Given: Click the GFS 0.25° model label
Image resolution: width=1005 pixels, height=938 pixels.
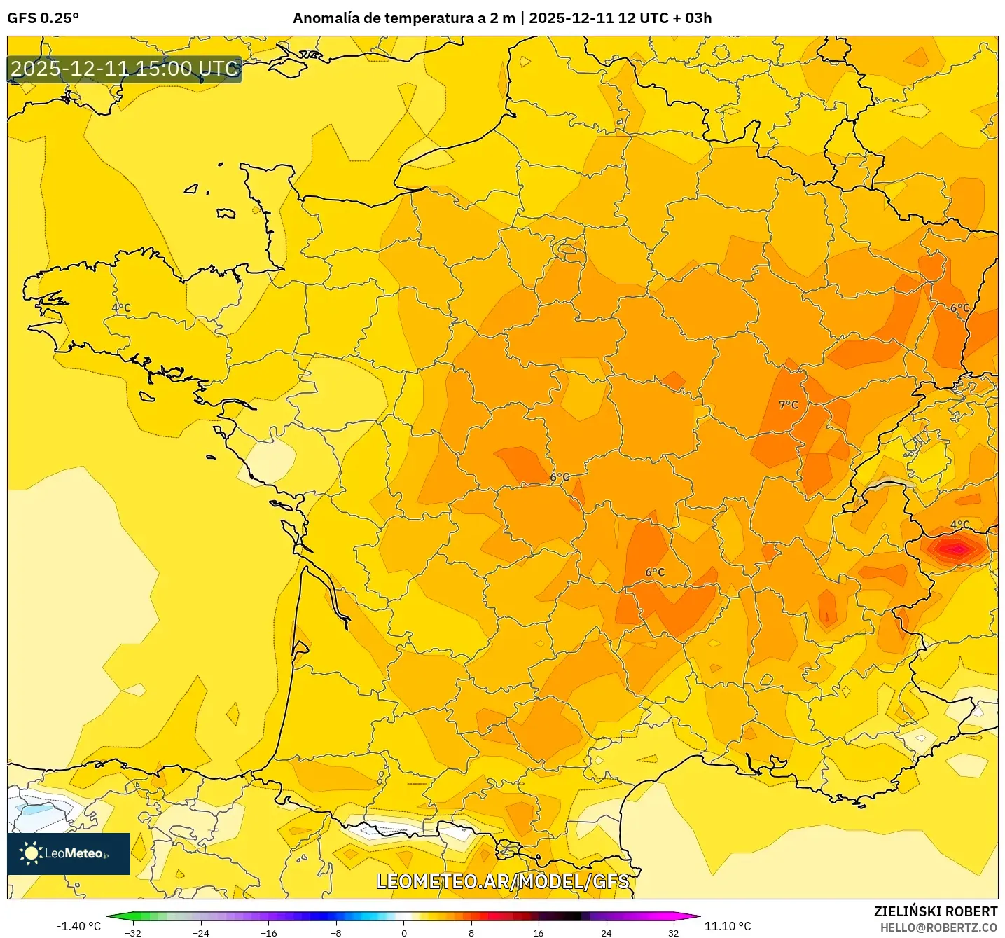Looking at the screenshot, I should [43, 18].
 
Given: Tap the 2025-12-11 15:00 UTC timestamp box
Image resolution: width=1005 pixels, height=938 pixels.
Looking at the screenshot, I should [125, 69].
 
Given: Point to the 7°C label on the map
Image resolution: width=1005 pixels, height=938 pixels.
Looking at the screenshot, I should [789, 405].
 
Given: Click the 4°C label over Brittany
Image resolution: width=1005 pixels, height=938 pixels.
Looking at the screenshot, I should [121, 308].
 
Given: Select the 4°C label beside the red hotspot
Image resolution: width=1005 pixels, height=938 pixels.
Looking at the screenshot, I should [959, 525].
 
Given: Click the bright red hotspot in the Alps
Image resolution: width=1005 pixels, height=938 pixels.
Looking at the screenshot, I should [955, 550].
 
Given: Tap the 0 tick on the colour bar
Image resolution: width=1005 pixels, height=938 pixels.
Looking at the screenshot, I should [404, 932].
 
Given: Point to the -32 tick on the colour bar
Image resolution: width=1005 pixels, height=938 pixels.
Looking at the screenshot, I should [133, 932].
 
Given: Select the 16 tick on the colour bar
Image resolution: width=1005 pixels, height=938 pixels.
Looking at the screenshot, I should [538, 932].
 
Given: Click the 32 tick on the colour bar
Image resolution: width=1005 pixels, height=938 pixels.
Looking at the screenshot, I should [673, 932].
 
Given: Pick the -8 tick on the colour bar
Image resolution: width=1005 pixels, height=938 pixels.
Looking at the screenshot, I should [336, 932].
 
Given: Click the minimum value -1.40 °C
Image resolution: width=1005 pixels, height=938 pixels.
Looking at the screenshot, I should [78, 926].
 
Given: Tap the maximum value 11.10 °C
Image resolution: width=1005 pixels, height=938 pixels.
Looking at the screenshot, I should [728, 926].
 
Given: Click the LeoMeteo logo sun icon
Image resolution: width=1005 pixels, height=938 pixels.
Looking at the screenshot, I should [31, 853].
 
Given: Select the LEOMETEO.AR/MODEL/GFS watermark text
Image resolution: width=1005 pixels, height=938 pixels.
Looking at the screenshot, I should [502, 881].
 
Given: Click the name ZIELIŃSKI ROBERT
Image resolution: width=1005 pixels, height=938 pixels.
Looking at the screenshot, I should [936, 911].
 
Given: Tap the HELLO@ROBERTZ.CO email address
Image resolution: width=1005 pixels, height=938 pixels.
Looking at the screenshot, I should [938, 927].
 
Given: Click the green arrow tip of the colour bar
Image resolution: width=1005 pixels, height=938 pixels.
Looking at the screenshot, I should [110, 916].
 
